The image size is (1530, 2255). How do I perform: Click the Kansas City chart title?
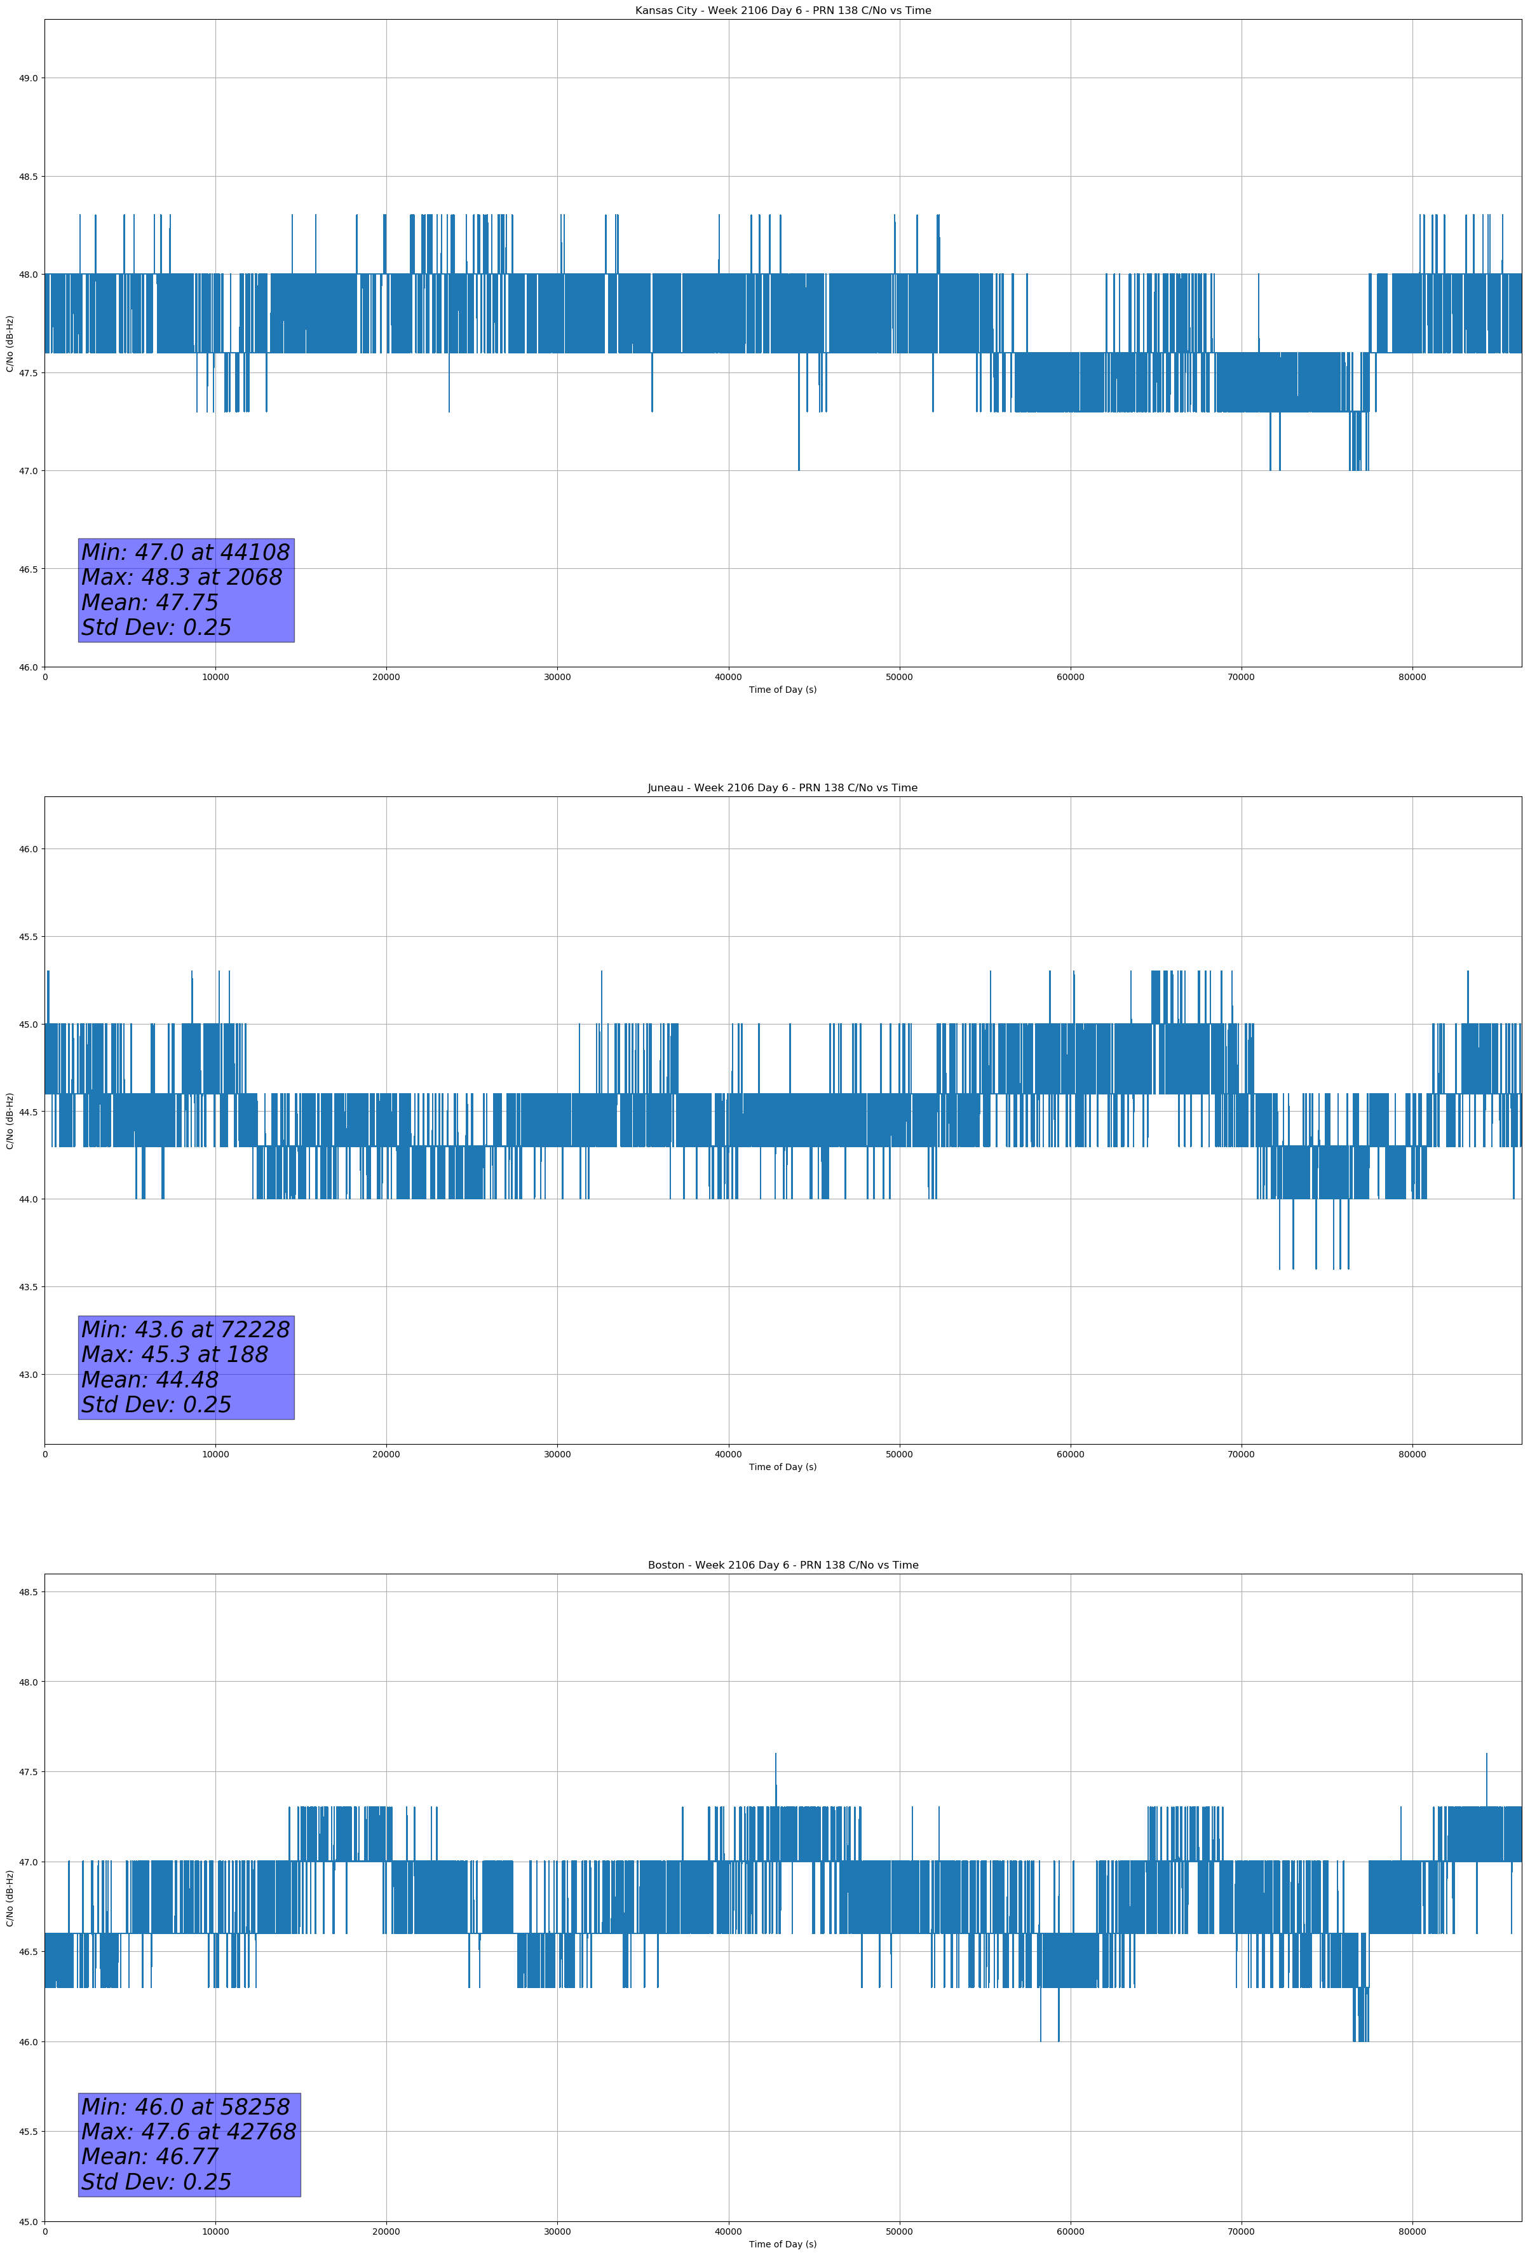point(782,11)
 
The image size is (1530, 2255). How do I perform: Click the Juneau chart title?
point(782,788)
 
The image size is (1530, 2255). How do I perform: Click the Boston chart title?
point(782,1565)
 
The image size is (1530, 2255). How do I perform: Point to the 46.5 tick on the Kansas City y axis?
point(27,569)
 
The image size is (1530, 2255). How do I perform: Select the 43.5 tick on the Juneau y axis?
point(27,1288)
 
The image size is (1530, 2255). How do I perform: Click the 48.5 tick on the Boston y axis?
point(27,1592)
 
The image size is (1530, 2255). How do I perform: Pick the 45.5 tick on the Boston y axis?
point(27,2132)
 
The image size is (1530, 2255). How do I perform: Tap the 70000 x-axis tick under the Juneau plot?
point(1241,1454)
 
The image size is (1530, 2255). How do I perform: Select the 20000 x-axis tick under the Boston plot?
point(386,2231)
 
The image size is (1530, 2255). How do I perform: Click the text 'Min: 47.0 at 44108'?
point(186,552)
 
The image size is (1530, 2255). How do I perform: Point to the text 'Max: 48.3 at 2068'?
point(182,577)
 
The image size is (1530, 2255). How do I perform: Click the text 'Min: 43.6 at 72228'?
point(186,1330)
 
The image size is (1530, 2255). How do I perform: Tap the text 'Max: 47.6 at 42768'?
point(188,2132)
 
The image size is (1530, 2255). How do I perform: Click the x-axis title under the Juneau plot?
point(782,1467)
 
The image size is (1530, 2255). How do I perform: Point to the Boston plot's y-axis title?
point(10,1898)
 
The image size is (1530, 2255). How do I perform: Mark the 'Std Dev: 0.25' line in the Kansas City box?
point(156,628)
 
